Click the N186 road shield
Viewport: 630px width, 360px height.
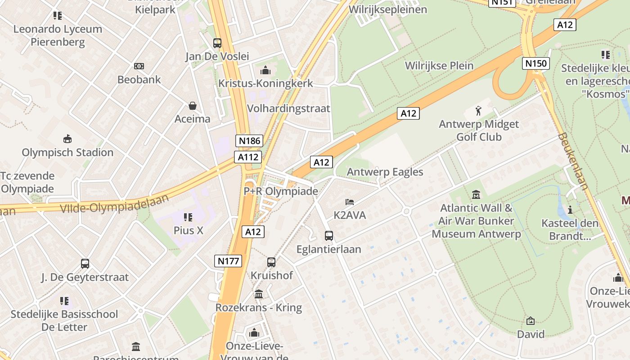tap(249, 141)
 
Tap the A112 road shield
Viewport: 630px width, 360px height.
tap(247, 157)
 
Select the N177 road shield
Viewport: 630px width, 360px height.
tap(229, 261)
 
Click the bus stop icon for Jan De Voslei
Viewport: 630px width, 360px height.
tap(217, 43)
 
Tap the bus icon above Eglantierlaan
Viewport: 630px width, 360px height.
tap(329, 235)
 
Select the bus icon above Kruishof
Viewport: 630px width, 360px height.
tap(271, 262)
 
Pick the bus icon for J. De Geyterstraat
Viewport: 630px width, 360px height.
tap(85, 264)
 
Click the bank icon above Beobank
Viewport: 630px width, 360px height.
tap(139, 66)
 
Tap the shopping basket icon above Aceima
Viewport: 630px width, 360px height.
tap(193, 106)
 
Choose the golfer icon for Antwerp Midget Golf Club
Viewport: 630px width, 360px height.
tap(478, 111)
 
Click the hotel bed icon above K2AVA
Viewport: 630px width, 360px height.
tap(350, 202)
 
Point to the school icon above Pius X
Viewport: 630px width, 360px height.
tap(188, 217)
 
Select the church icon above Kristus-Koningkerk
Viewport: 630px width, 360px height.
tap(265, 70)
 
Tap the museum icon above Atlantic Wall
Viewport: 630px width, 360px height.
tap(476, 195)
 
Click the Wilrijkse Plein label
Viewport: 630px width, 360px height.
tap(439, 66)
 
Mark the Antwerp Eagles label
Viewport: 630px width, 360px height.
tap(385, 172)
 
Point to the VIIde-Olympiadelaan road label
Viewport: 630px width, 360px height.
tap(114, 204)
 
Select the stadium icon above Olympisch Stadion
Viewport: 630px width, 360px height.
tap(67, 139)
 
